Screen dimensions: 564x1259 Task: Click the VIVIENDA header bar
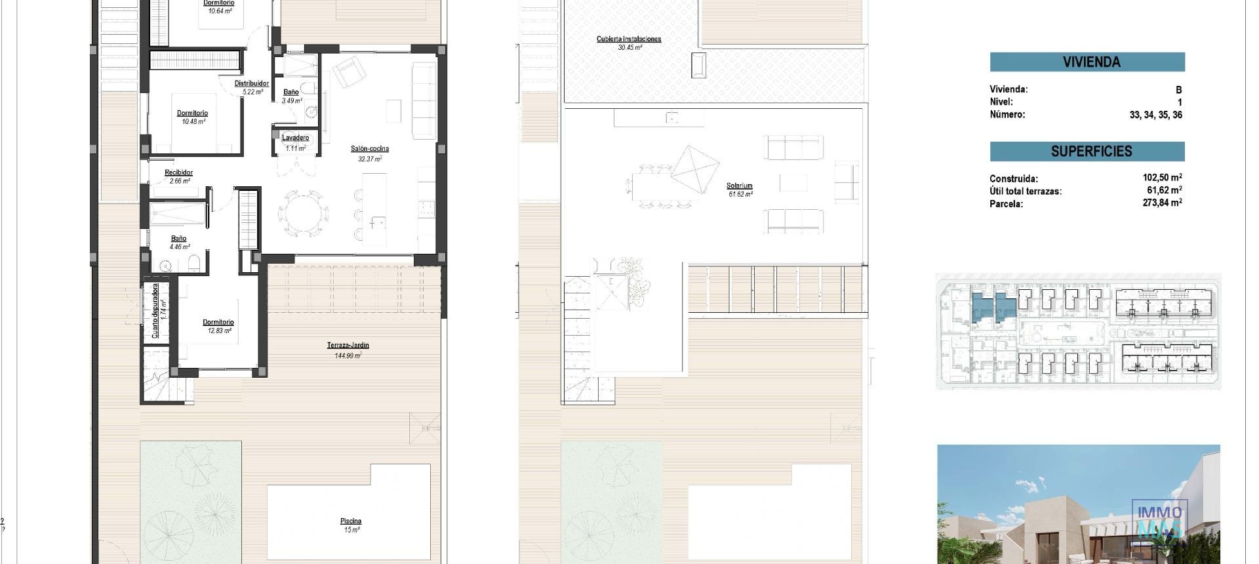1087,62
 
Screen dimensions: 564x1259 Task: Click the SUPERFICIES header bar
1087,151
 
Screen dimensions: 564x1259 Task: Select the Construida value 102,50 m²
1161,178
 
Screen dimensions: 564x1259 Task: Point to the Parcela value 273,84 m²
1161,203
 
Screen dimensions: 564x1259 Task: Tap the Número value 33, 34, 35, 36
1155,115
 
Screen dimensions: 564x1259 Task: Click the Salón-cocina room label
369,149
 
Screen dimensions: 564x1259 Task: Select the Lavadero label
295,138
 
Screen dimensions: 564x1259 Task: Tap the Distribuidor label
252,83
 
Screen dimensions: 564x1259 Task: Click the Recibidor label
178,172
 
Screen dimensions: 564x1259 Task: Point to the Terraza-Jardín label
348,346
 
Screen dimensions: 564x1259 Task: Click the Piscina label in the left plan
350,521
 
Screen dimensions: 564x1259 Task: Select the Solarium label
739,186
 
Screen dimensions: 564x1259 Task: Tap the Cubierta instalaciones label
628,39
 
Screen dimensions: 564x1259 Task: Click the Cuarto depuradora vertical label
155,310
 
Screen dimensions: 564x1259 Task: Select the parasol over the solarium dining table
695,169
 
